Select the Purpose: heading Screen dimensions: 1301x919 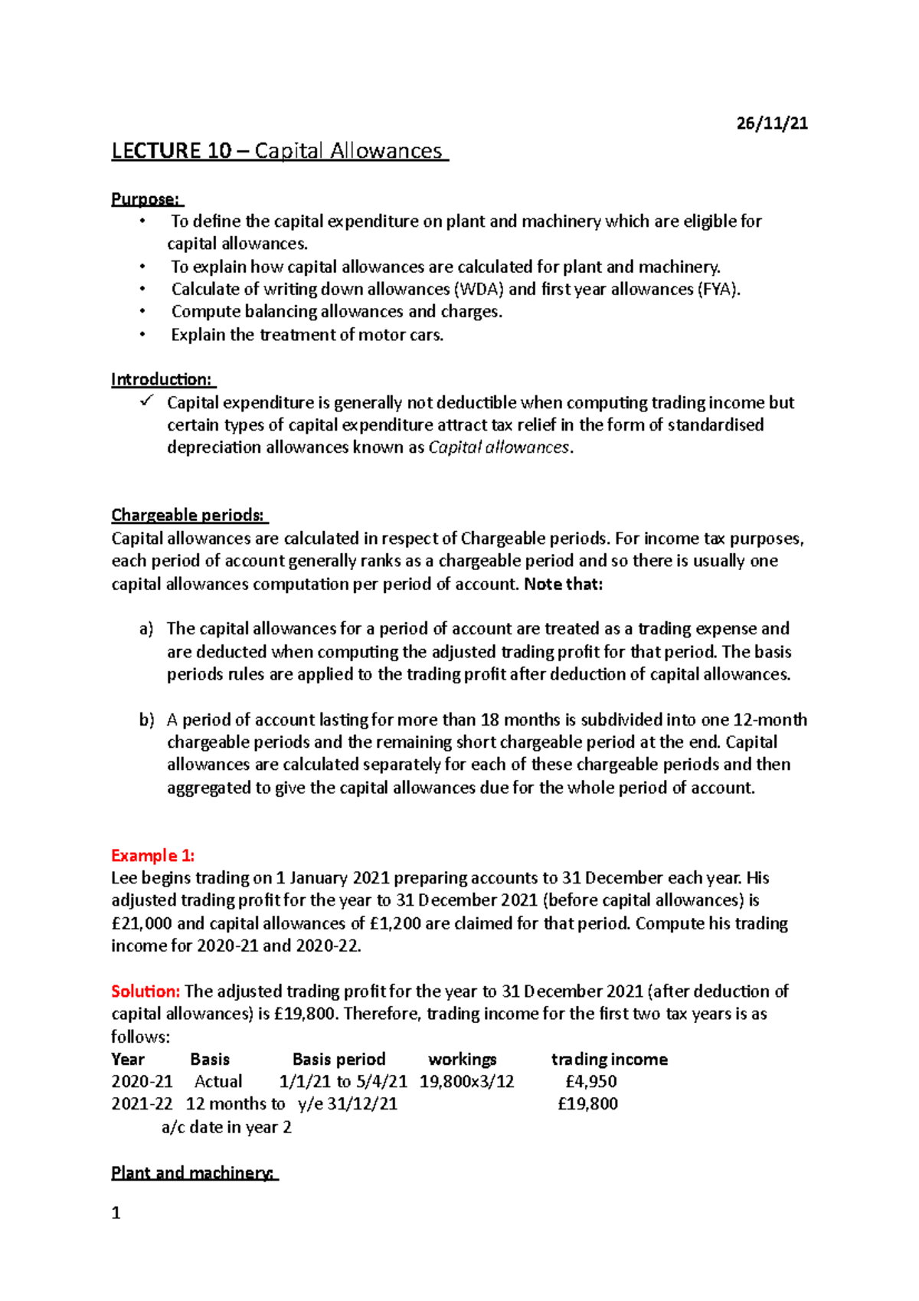pyautogui.click(x=146, y=199)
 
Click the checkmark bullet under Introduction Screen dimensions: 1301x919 pyautogui.click(x=147, y=401)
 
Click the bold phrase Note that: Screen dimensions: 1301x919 pyautogui.click(x=564, y=584)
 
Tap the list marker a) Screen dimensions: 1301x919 pyautogui.click(x=146, y=629)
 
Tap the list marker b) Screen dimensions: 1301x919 pyautogui.click(x=146, y=719)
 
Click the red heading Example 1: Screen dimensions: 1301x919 pyautogui.click(x=152, y=855)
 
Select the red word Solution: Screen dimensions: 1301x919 pyautogui.click(x=146, y=991)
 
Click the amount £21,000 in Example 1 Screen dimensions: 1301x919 pyautogui.click(x=142, y=923)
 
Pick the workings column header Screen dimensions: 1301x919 pyautogui.click(x=462, y=1059)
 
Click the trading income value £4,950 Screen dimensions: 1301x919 pyautogui.click(x=590, y=1081)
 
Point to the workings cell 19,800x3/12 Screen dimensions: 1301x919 pyautogui.click(x=466, y=1081)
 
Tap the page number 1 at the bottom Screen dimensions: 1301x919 pyautogui.click(x=116, y=1213)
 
